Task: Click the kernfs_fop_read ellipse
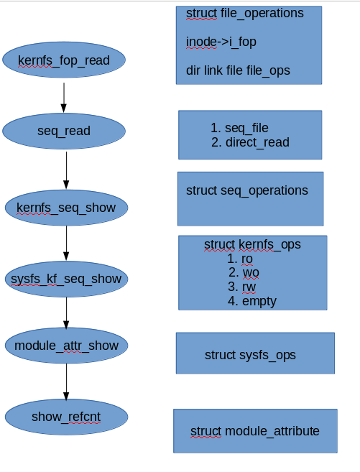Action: coord(64,60)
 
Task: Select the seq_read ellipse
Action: coord(64,130)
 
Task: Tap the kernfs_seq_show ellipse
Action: coord(66,208)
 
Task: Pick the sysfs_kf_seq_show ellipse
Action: coord(66,278)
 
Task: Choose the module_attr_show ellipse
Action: coord(66,346)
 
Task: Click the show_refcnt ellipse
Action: coord(66,417)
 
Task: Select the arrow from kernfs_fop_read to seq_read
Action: coord(64,97)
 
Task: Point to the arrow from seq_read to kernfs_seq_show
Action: coord(66,170)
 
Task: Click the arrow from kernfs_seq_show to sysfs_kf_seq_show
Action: coord(66,244)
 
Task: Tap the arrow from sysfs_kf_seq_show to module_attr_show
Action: coord(66,313)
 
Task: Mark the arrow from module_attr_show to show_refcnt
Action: coord(66,381)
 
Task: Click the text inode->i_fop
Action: coord(221,42)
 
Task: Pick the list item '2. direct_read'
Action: coord(251,142)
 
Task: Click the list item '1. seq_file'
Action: coord(240,128)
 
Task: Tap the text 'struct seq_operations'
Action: coord(246,190)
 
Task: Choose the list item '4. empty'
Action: coord(252,301)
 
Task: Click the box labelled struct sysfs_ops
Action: coord(255,353)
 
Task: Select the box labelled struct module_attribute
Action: coord(255,431)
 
